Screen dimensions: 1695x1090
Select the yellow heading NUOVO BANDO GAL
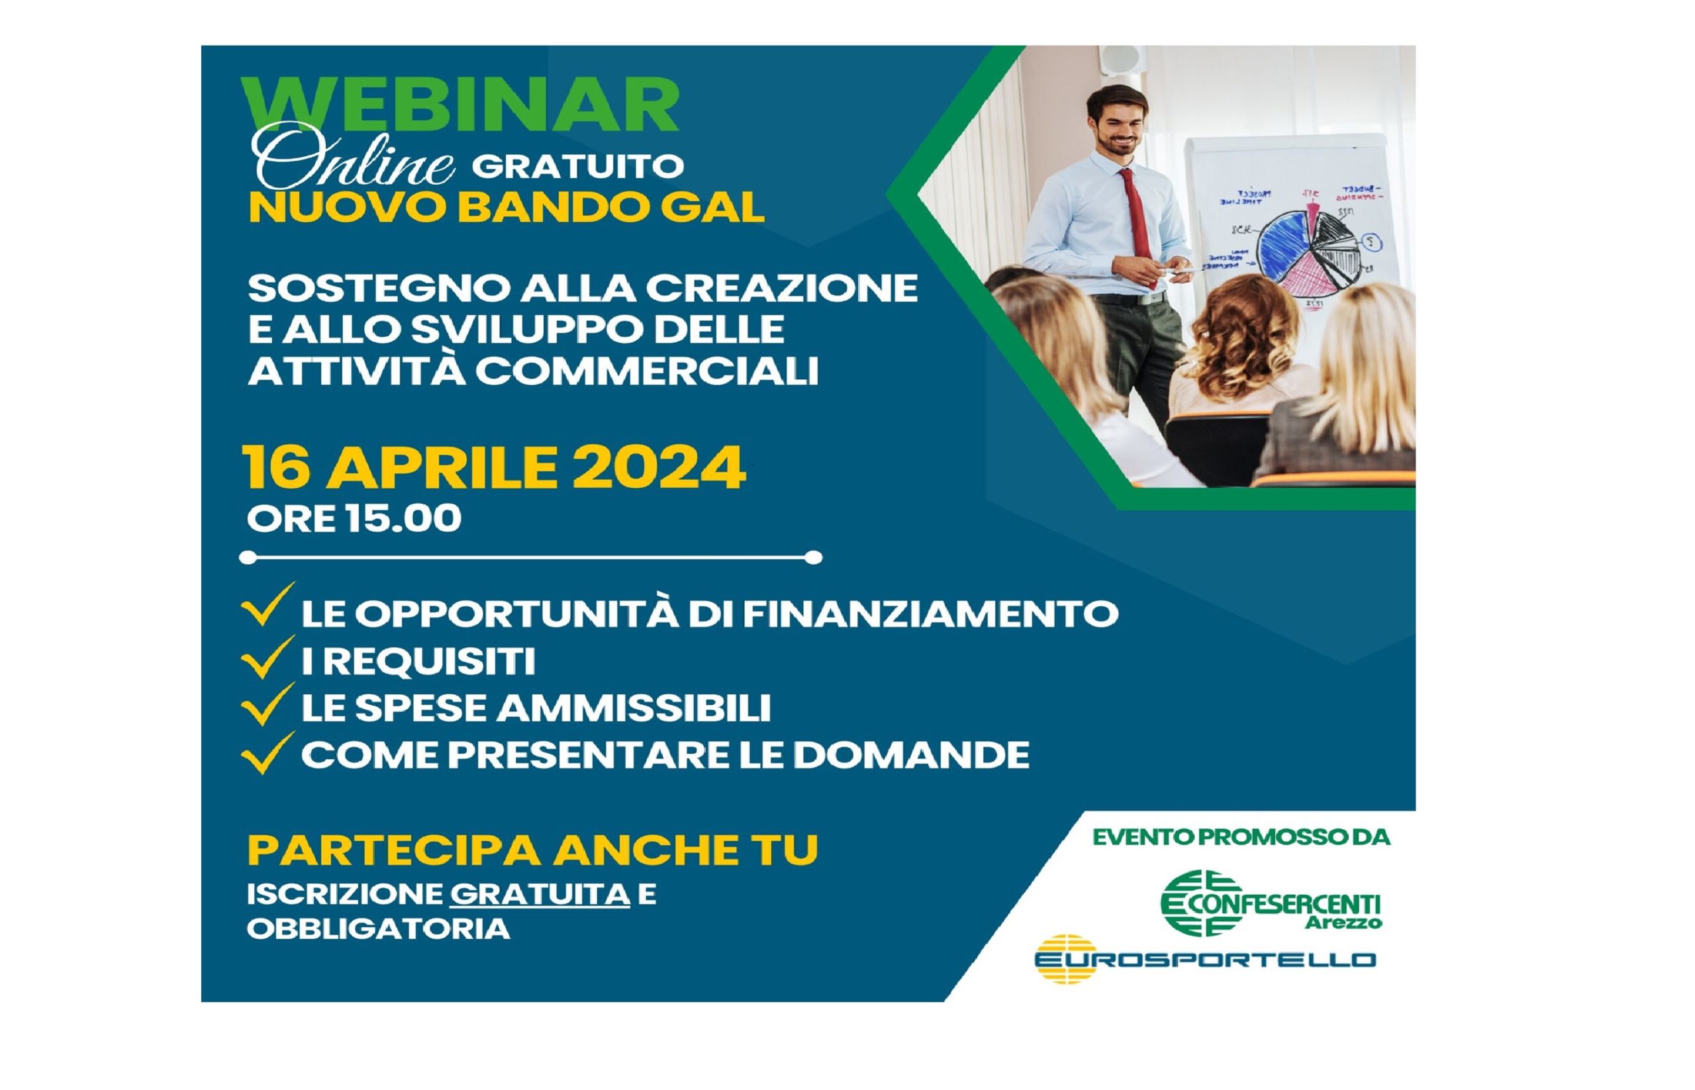[x=507, y=207]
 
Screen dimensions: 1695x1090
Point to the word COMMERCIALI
[x=647, y=371]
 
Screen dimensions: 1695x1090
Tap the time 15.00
[x=404, y=518]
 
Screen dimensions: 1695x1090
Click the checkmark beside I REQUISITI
[x=267, y=658]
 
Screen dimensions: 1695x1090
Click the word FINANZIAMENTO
[x=930, y=613]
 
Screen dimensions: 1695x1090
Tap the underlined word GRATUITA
[x=540, y=895]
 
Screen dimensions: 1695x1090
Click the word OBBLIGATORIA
[x=379, y=929]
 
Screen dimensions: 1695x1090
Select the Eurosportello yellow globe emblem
[x=1065, y=959]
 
